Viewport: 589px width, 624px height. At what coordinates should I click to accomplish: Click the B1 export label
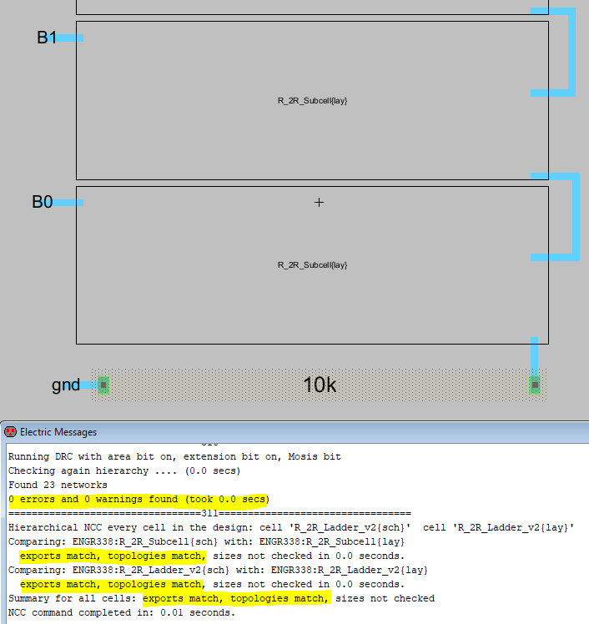point(46,38)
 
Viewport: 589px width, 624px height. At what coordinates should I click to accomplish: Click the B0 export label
point(43,202)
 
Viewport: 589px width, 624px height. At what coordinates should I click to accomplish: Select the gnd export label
point(65,385)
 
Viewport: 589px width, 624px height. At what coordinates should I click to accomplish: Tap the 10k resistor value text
point(320,385)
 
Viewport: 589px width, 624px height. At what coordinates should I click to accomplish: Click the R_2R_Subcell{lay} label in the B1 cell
point(312,100)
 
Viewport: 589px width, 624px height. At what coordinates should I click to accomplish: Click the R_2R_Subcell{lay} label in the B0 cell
point(312,264)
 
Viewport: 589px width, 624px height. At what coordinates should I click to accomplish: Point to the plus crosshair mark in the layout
point(318,202)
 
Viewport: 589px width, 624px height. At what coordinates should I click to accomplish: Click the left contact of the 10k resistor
point(103,385)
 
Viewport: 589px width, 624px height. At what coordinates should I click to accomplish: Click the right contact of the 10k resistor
point(535,385)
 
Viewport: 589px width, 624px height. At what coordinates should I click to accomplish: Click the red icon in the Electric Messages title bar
point(10,432)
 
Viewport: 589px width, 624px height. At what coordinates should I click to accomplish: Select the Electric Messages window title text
point(58,432)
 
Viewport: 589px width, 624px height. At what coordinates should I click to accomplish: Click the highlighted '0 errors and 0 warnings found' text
point(138,499)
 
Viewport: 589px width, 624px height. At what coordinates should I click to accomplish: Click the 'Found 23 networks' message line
point(58,485)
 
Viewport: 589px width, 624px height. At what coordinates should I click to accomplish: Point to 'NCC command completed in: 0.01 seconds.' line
point(122,612)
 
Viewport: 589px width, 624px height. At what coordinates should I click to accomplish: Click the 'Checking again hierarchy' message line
point(124,471)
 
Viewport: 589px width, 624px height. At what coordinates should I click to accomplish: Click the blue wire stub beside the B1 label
point(68,38)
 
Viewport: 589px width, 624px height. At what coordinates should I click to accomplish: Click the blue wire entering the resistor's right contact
point(534,355)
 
